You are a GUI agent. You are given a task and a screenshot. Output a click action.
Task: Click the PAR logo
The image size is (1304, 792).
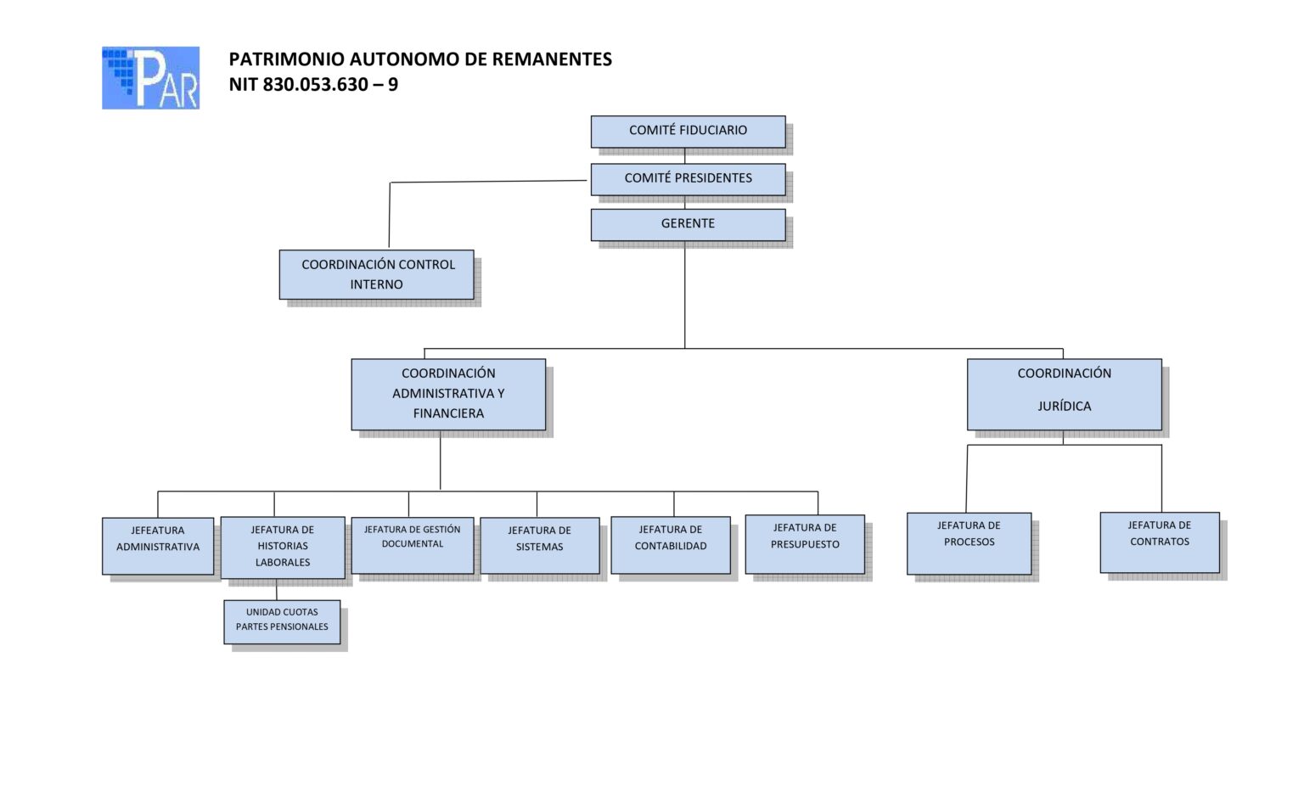[x=150, y=78]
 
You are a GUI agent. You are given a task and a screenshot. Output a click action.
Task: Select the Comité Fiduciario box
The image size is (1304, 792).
[x=688, y=131]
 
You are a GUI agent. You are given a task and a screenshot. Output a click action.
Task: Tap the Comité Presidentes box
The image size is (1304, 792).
[x=688, y=178]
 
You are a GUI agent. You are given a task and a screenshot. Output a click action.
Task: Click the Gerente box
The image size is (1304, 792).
[x=688, y=224]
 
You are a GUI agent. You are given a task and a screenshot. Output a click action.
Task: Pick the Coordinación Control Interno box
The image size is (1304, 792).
[x=377, y=274]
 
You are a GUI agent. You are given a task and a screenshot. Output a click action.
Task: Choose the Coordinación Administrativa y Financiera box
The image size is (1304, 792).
[x=448, y=394]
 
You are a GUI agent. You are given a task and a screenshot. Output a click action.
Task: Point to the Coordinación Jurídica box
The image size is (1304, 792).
[x=1064, y=394]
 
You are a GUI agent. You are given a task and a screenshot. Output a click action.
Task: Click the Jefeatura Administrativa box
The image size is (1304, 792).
[x=158, y=546]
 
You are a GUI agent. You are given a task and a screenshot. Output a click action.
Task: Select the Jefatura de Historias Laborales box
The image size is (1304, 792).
[x=283, y=547]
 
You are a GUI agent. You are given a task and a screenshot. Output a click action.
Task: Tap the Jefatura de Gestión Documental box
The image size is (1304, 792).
[x=413, y=544]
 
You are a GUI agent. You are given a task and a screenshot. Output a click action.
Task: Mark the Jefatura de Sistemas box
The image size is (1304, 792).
[x=540, y=545]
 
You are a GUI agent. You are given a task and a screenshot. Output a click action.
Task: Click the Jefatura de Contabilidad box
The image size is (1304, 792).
[x=671, y=545]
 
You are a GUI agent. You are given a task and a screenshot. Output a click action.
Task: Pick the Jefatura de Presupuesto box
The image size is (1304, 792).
[x=805, y=543]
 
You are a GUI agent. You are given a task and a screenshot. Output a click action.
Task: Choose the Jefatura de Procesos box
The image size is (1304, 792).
[x=969, y=542]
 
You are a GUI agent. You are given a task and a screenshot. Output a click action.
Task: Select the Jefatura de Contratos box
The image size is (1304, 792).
[x=1160, y=542]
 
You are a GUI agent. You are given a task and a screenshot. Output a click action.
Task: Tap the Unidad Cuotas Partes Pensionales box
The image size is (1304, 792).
[x=282, y=621]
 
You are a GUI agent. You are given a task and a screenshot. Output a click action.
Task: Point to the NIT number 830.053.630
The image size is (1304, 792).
[x=315, y=85]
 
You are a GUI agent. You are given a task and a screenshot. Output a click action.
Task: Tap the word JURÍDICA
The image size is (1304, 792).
[x=1064, y=407]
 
